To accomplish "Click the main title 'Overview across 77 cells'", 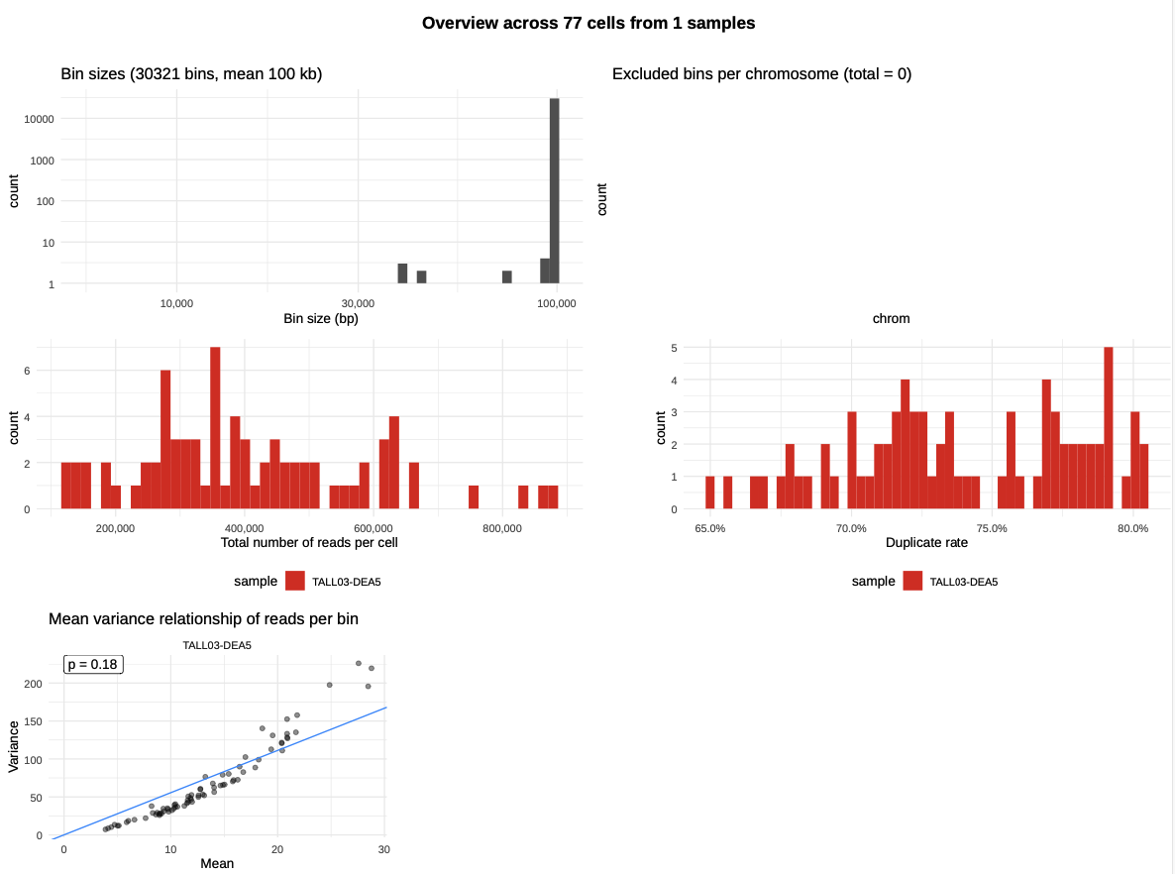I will [587, 23].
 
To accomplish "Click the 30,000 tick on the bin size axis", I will [357, 302].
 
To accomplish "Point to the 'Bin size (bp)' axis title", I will [320, 319].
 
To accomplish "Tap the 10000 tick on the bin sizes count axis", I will [39, 119].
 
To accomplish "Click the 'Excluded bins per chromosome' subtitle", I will [761, 73].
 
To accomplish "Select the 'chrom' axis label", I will [891, 319].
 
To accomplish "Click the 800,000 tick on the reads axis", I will [502, 528].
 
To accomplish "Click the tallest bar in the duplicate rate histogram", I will [1109, 428].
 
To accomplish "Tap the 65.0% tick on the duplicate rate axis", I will [709, 528].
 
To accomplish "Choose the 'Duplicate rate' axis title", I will [926, 543].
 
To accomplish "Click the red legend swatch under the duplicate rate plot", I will [912, 581].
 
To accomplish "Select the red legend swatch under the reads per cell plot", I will [295, 581].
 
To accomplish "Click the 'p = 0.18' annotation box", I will [93, 664].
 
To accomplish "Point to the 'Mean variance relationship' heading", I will [203, 618].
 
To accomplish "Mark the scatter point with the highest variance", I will [359, 663].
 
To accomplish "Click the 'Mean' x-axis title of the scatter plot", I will [217, 863].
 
